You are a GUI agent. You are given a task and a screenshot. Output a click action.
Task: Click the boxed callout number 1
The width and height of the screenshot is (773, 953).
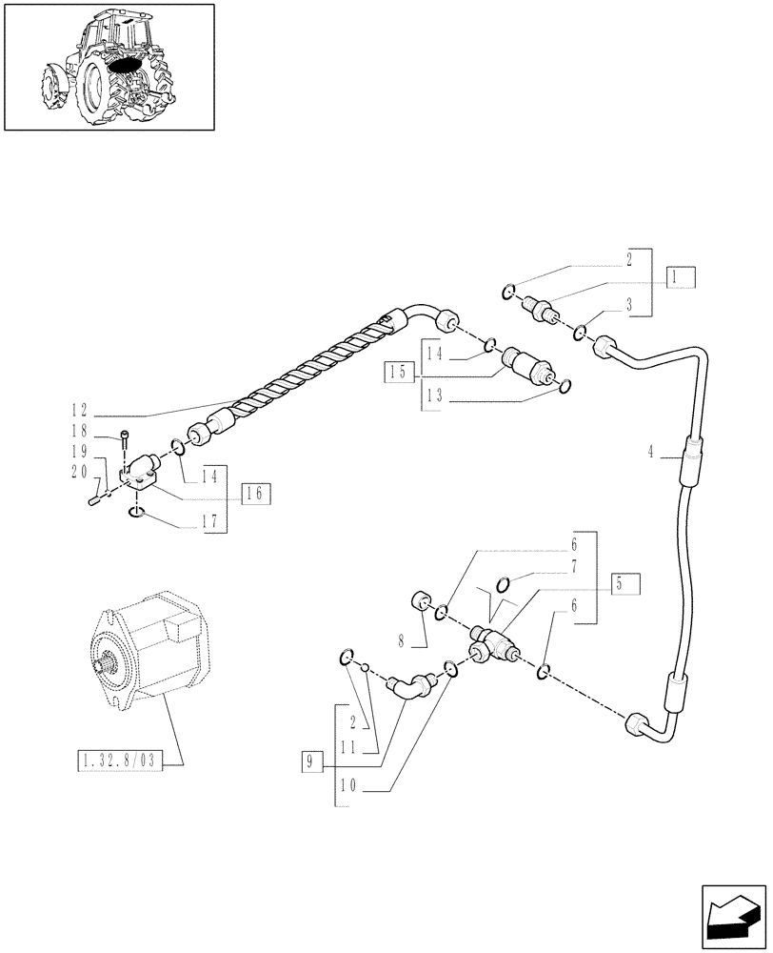[x=681, y=277]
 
